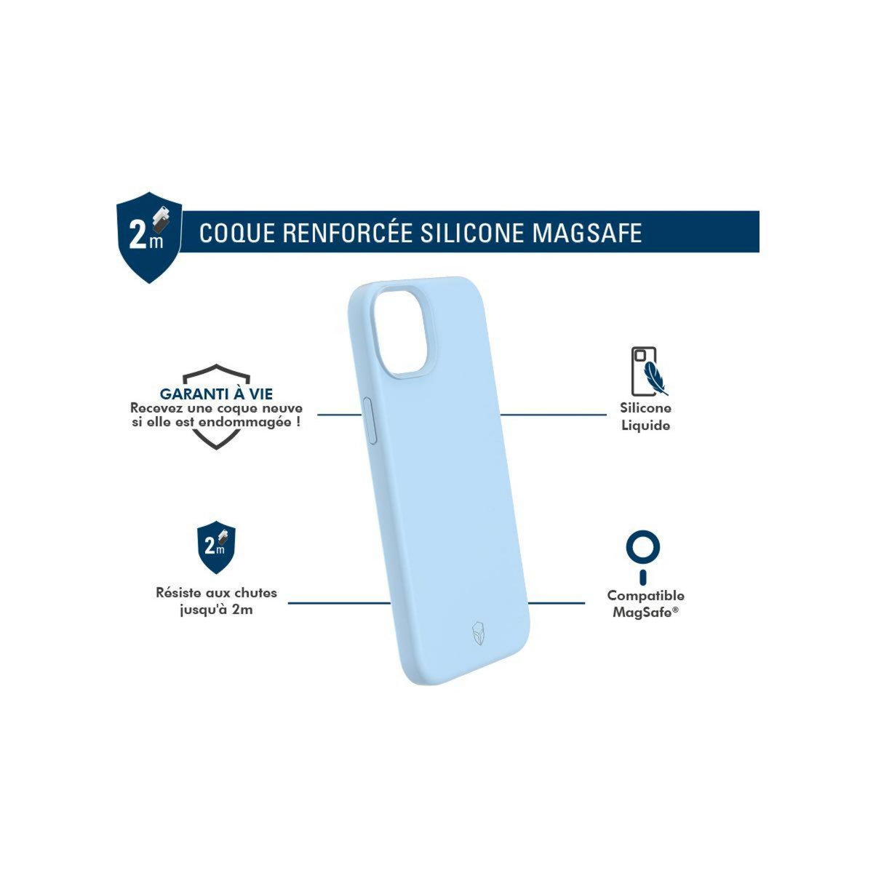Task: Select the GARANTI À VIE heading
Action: tap(216, 394)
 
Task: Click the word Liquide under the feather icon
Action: tap(645, 426)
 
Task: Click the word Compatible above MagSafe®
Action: tap(645, 596)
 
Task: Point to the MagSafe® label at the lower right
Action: tap(645, 612)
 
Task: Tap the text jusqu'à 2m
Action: tap(216, 610)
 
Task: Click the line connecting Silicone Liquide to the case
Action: tap(553, 415)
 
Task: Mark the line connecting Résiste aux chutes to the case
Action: tap(339, 602)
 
